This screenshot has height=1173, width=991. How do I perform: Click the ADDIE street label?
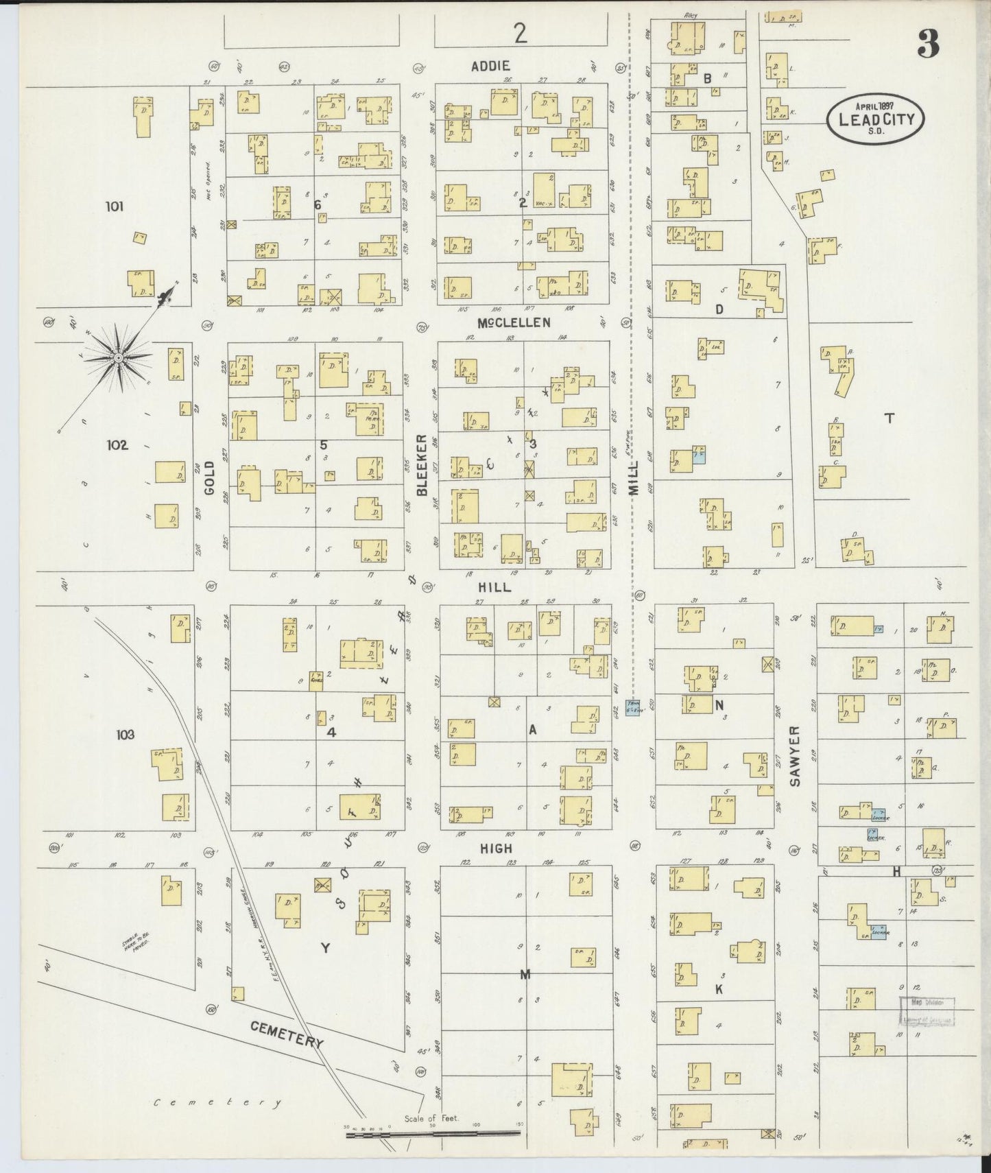pos(490,67)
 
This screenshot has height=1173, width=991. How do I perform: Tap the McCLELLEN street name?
pos(514,322)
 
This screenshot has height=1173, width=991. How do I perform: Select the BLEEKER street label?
pos(422,464)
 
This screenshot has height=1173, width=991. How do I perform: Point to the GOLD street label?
pos(209,478)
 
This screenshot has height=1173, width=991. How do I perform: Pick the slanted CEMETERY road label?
pos(287,1034)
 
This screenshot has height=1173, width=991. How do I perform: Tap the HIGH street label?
pos(495,849)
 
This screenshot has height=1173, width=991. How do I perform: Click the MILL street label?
pos(632,478)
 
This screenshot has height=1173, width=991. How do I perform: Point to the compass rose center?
pos(119,357)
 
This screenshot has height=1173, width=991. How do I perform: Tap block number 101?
pos(115,206)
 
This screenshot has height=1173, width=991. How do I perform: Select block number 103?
pos(125,735)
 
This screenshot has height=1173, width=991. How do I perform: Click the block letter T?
pos(889,418)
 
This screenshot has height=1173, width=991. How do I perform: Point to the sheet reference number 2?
pos(521,34)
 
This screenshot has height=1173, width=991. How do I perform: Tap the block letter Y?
pos(325,948)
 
